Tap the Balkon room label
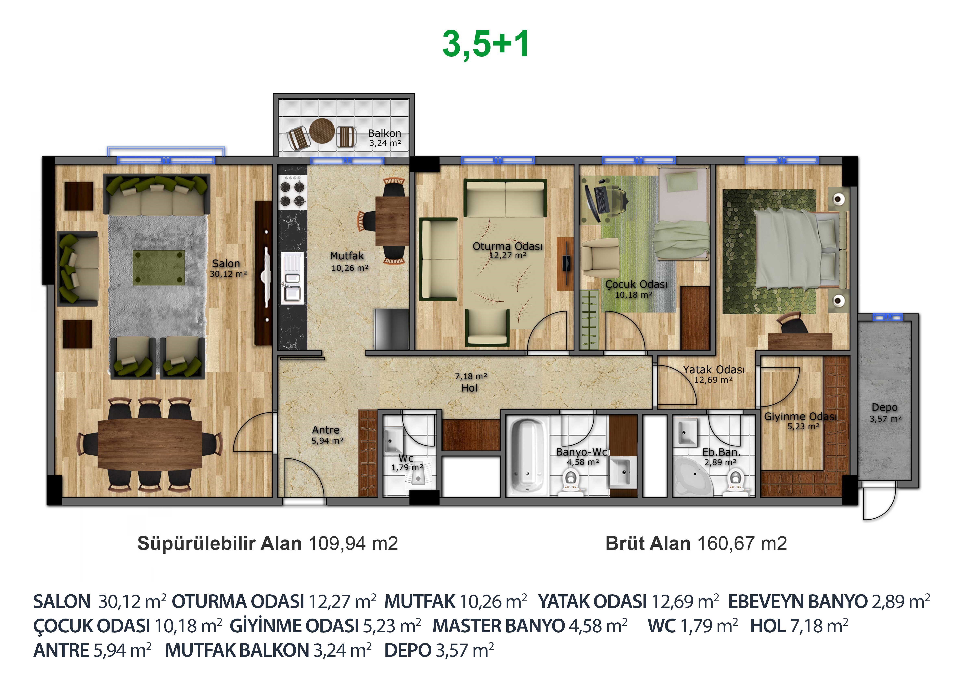click(x=384, y=133)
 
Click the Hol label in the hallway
click(x=469, y=388)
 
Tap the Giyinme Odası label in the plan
click(x=801, y=417)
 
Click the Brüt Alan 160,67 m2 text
click(x=696, y=543)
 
